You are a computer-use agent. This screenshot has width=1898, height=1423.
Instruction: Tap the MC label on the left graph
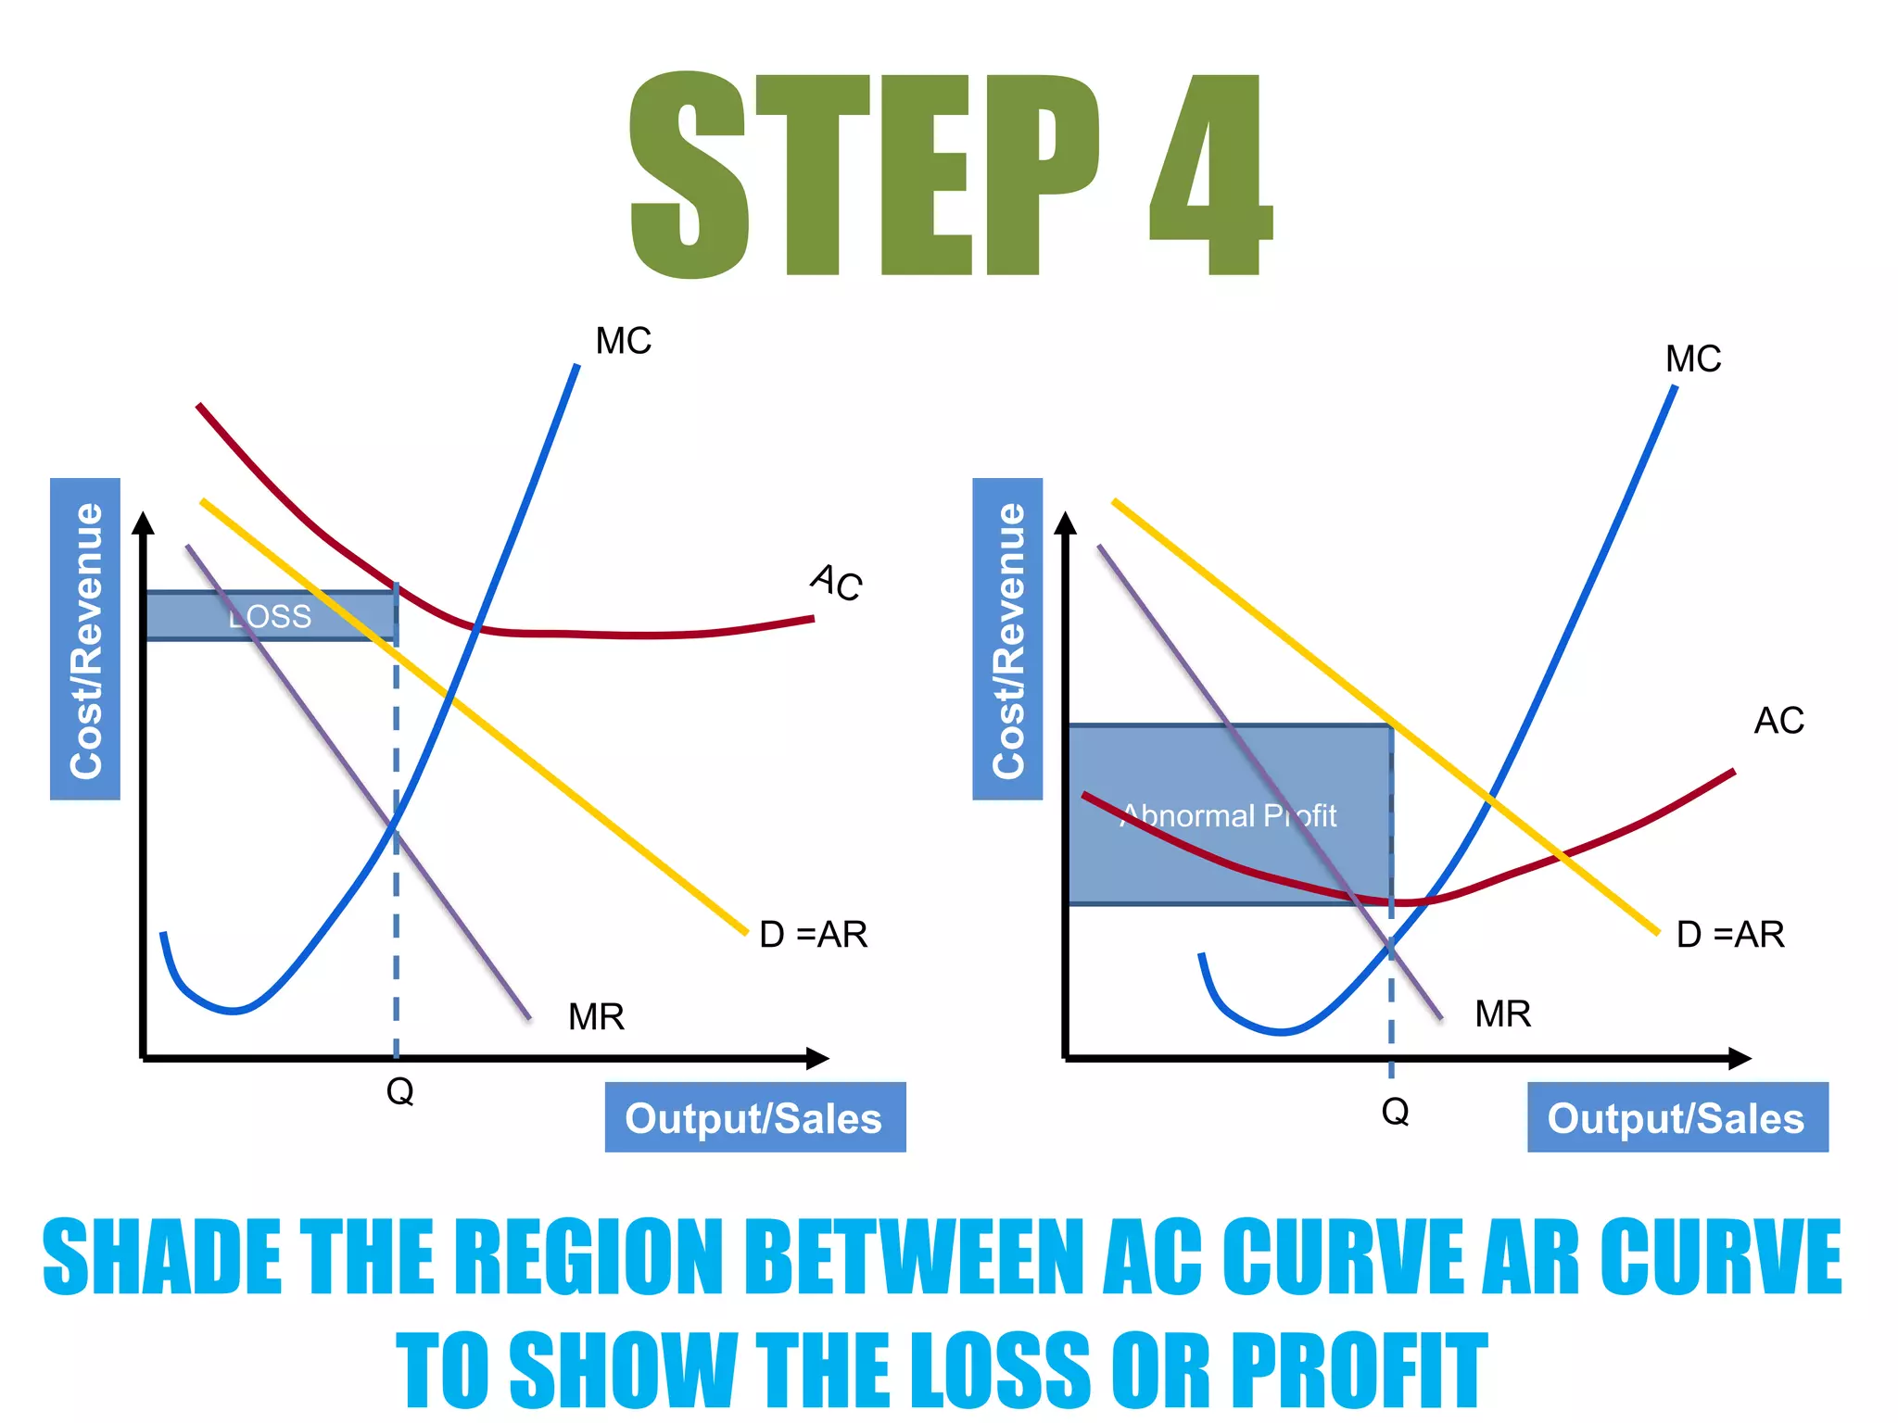point(624,341)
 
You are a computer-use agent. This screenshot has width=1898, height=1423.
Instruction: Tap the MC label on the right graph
point(1693,359)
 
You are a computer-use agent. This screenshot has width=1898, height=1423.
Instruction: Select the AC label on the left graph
point(837,582)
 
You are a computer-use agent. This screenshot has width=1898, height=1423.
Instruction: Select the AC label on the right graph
point(1779,721)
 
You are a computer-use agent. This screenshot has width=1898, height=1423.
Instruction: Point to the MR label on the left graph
point(596,1017)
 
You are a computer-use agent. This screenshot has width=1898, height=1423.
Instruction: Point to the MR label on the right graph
point(1502,1014)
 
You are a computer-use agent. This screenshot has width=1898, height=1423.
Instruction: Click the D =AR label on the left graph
point(813,934)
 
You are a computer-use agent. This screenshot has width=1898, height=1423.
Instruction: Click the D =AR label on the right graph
point(1730,934)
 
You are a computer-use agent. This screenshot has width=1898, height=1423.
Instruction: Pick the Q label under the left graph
point(399,1091)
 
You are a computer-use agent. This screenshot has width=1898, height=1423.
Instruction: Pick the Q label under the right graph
point(1395,1110)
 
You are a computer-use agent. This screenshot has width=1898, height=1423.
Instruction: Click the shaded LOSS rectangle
point(270,616)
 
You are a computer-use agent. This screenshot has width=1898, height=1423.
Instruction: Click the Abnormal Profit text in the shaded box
point(1229,816)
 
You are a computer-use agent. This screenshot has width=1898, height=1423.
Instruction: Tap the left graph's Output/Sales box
point(754,1117)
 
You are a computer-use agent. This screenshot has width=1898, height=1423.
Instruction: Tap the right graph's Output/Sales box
point(1677,1117)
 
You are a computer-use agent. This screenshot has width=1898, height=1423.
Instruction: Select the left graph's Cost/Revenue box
point(85,639)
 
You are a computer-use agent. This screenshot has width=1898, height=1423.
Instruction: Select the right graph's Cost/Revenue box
point(1007,639)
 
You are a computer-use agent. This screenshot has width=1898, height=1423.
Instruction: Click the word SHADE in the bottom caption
point(162,1256)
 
